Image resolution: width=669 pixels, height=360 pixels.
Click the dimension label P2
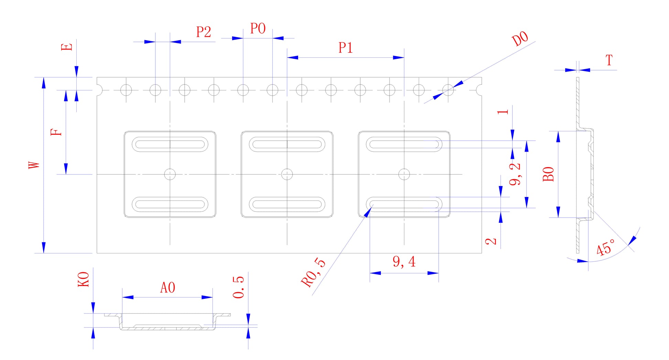click(204, 32)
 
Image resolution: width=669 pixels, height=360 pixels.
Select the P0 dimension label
click(258, 29)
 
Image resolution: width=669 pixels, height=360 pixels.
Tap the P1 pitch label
click(346, 48)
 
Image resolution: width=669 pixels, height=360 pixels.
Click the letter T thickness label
click(609, 61)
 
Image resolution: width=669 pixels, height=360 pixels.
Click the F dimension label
click(57, 132)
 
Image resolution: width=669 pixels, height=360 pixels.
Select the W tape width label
click(34, 165)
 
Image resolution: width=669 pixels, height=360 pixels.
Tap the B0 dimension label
click(548, 174)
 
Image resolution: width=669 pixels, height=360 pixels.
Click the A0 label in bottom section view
click(168, 287)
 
